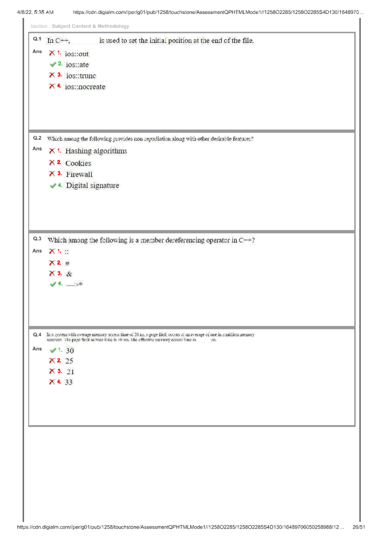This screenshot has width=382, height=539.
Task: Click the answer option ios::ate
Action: [77, 65]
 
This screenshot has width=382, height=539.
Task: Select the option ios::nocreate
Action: [85, 87]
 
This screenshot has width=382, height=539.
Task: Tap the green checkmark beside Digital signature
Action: [53, 186]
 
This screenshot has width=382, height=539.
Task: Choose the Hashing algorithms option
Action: [96, 151]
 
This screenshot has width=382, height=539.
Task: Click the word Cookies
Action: [78, 163]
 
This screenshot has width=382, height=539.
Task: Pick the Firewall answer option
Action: [79, 174]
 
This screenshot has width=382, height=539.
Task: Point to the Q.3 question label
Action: [37, 239]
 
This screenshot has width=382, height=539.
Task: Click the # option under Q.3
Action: [67, 263]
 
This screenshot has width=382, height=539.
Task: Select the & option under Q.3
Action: [69, 274]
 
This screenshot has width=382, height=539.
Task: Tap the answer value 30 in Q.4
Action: [70, 351]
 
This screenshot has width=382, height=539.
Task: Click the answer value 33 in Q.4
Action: [69, 382]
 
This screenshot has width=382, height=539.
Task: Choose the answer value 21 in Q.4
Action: [70, 372]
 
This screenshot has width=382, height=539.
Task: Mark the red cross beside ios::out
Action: [52, 53]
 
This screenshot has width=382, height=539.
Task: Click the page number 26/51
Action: [358, 527]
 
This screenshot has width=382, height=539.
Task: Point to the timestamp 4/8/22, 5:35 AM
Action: [35, 12]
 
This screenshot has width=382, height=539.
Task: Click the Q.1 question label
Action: [37, 39]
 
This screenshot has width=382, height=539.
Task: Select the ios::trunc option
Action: [81, 76]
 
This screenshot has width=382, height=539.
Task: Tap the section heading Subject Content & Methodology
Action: [90, 26]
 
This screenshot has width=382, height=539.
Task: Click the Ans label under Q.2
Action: [37, 149]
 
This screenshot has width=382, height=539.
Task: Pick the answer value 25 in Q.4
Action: [69, 361]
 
